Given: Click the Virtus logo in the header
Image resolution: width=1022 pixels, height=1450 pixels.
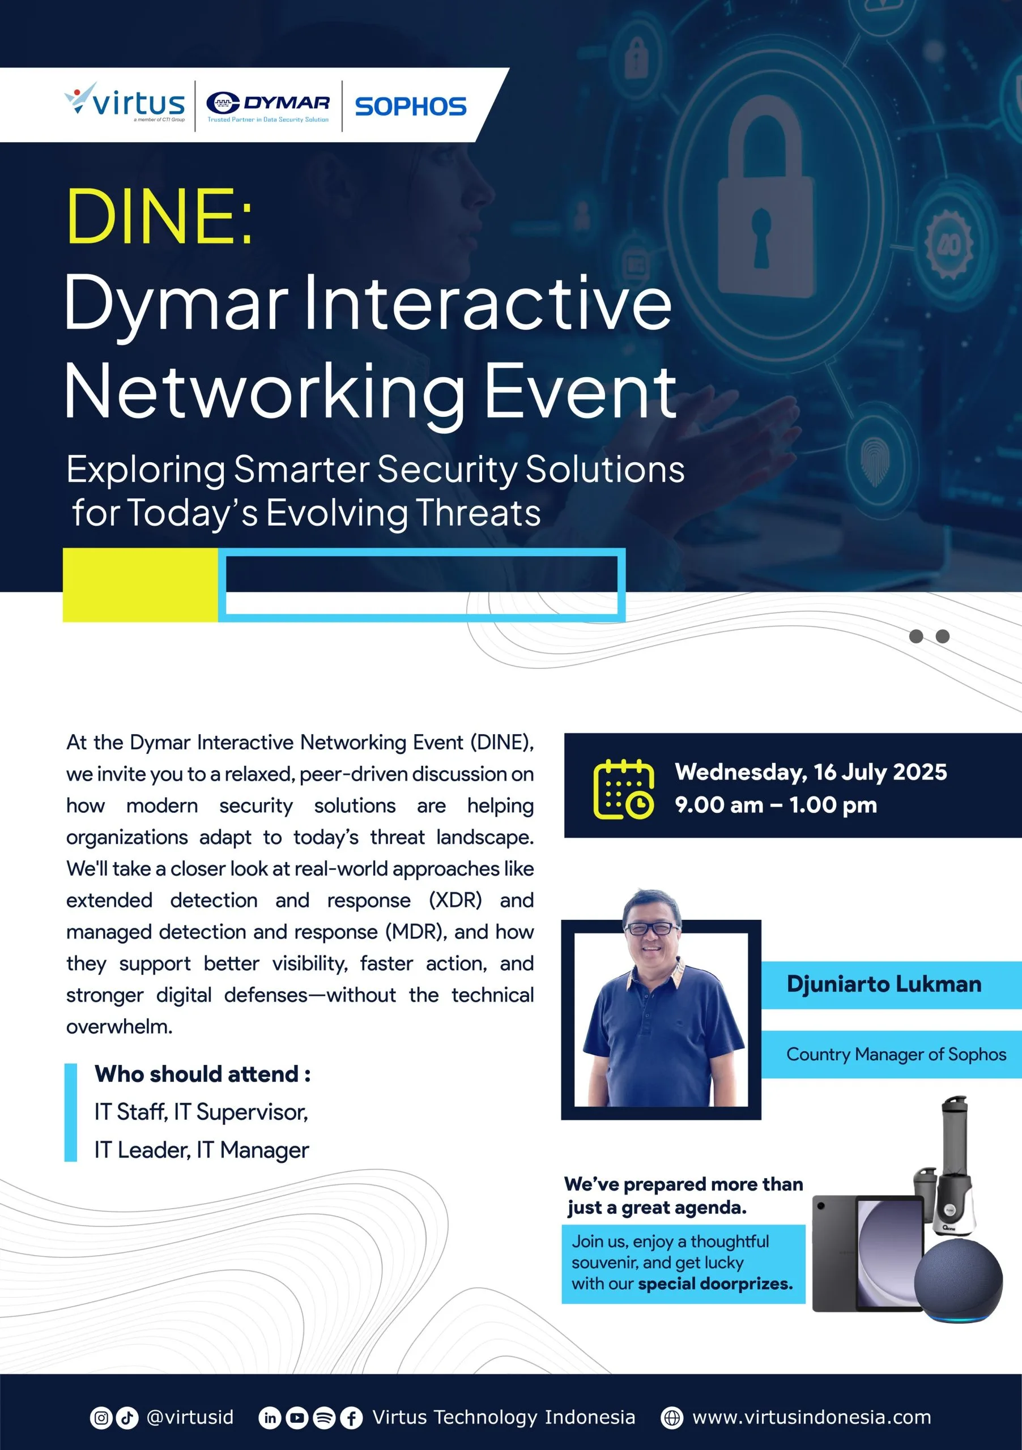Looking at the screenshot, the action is (125, 103).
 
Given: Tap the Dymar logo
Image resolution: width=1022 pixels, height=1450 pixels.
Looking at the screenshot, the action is (268, 106).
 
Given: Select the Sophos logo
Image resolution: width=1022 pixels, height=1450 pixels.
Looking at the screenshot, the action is (411, 106).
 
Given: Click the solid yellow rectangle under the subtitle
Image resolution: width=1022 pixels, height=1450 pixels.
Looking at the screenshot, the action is (140, 585).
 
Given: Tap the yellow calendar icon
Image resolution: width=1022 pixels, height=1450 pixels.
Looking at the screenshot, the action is (623, 789).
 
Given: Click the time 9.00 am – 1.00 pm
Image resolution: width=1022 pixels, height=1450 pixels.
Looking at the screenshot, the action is (776, 805).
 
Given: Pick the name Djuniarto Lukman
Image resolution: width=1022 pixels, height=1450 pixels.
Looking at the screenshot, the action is (884, 984).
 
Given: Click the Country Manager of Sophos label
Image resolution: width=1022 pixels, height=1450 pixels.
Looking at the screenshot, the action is (896, 1054).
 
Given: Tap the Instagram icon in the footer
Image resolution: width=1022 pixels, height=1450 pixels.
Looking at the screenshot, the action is (101, 1418).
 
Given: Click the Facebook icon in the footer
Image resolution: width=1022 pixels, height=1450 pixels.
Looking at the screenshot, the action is (351, 1418).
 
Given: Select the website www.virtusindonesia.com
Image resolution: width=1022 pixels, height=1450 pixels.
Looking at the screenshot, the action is (812, 1417).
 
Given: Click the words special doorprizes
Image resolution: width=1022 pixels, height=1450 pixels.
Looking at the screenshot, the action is (715, 1284).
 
